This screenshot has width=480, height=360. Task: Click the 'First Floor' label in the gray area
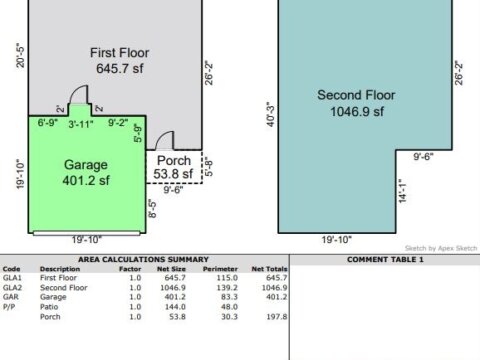[x=120, y=53]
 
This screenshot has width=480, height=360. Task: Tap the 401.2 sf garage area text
[x=86, y=180]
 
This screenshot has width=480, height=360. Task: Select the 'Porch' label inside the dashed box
[x=174, y=161]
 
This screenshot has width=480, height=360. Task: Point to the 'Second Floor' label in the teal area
[x=356, y=95]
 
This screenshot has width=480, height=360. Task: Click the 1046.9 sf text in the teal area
[x=357, y=111]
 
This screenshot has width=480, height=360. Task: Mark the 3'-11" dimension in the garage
[x=81, y=124]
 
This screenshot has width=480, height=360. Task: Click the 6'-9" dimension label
[x=48, y=122]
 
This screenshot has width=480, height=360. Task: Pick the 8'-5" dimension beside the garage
[x=152, y=209]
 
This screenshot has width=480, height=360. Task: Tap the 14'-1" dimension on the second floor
[x=403, y=191]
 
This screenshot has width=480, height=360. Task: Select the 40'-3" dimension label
[x=271, y=114]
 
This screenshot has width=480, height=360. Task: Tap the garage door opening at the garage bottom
[x=87, y=233]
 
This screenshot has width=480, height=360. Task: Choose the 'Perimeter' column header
[x=220, y=269]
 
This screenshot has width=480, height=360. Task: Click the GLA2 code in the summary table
[x=12, y=287]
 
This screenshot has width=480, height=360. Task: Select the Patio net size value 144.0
[x=175, y=307]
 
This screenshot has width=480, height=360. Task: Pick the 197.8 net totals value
[x=276, y=317]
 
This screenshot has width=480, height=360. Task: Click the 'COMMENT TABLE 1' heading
[x=385, y=260]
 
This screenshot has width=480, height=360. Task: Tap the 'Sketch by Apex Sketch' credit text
[x=441, y=248]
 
